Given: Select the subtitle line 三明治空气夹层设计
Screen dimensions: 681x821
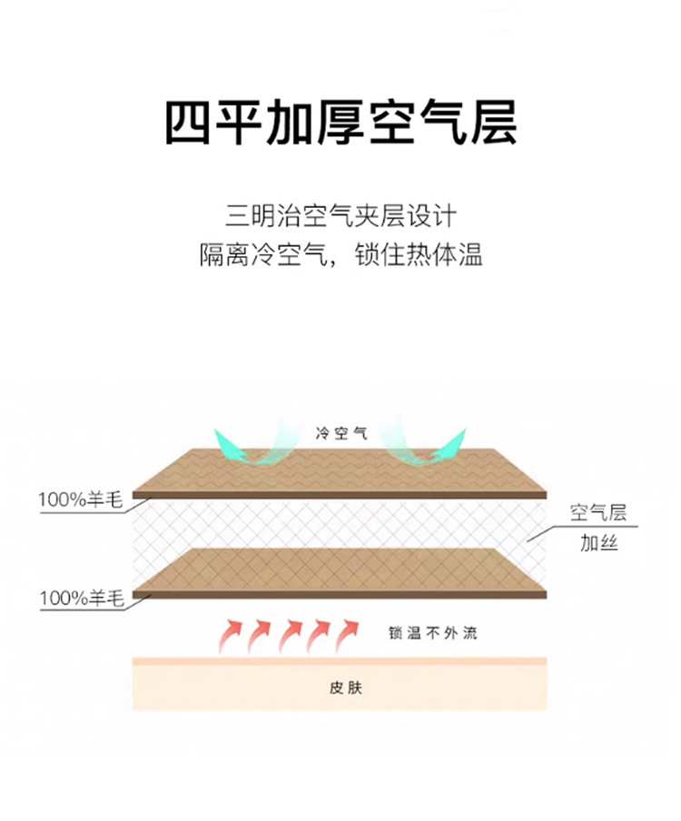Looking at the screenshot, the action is (340, 217).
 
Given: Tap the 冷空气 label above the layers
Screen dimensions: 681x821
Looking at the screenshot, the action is (341, 432).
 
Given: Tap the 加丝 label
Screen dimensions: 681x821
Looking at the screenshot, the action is (598, 544).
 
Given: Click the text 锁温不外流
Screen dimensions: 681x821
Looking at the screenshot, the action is (431, 633).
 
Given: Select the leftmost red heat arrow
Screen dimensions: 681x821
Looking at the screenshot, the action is (231, 635).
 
